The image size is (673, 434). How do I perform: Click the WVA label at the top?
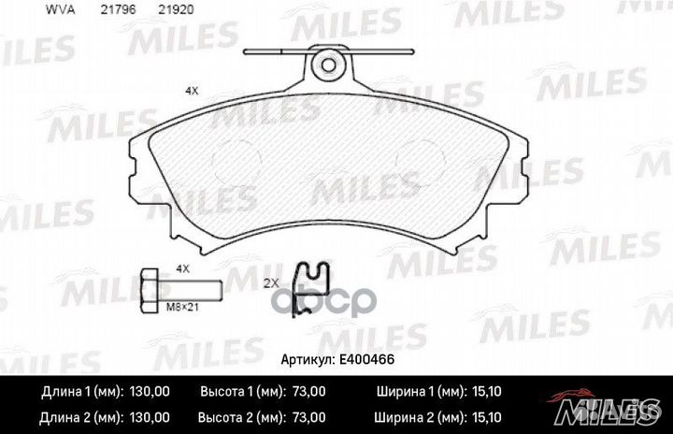pyautogui.click(x=60, y=10)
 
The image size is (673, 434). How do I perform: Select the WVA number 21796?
pyautogui.click(x=118, y=10)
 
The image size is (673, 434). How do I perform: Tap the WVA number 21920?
pyautogui.click(x=176, y=10)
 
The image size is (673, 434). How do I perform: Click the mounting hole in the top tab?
pyautogui.click(x=328, y=65)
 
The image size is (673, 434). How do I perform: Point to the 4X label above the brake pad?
pyautogui.click(x=192, y=91)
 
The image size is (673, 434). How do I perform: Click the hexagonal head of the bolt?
pyautogui.click(x=150, y=290)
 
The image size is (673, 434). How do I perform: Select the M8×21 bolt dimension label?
pyautogui.click(x=182, y=307)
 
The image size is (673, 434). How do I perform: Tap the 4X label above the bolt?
pyautogui.click(x=183, y=269)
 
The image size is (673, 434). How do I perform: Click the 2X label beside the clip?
pyautogui.click(x=271, y=283)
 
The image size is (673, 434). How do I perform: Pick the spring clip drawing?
pyautogui.click(x=310, y=289)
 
